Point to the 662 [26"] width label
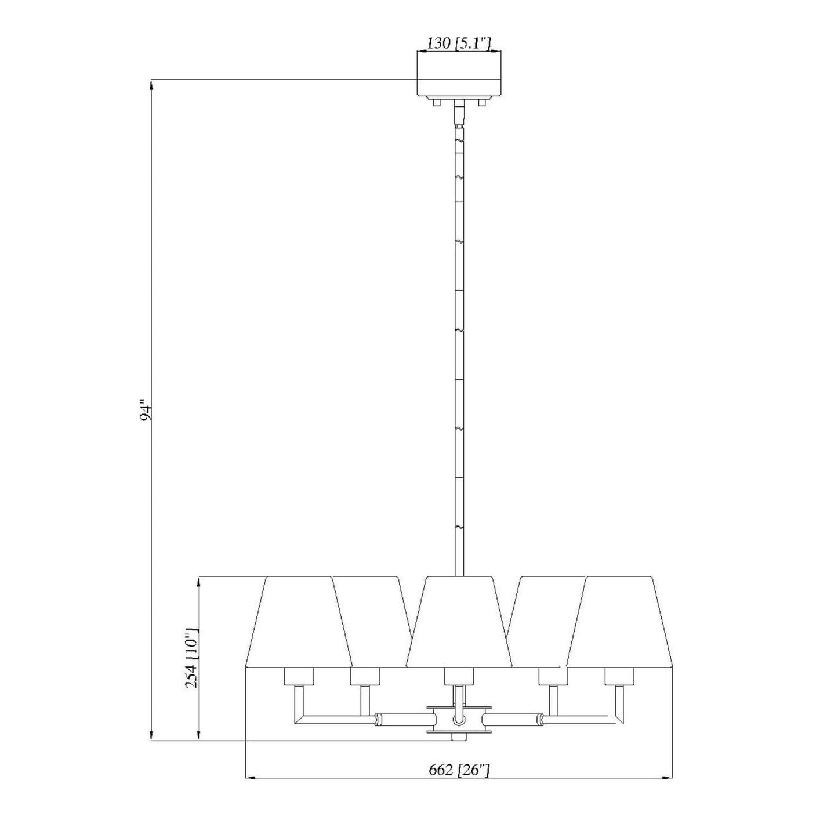coord(460,771)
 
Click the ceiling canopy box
coord(459,74)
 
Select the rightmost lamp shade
coord(620,627)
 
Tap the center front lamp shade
coord(459,627)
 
